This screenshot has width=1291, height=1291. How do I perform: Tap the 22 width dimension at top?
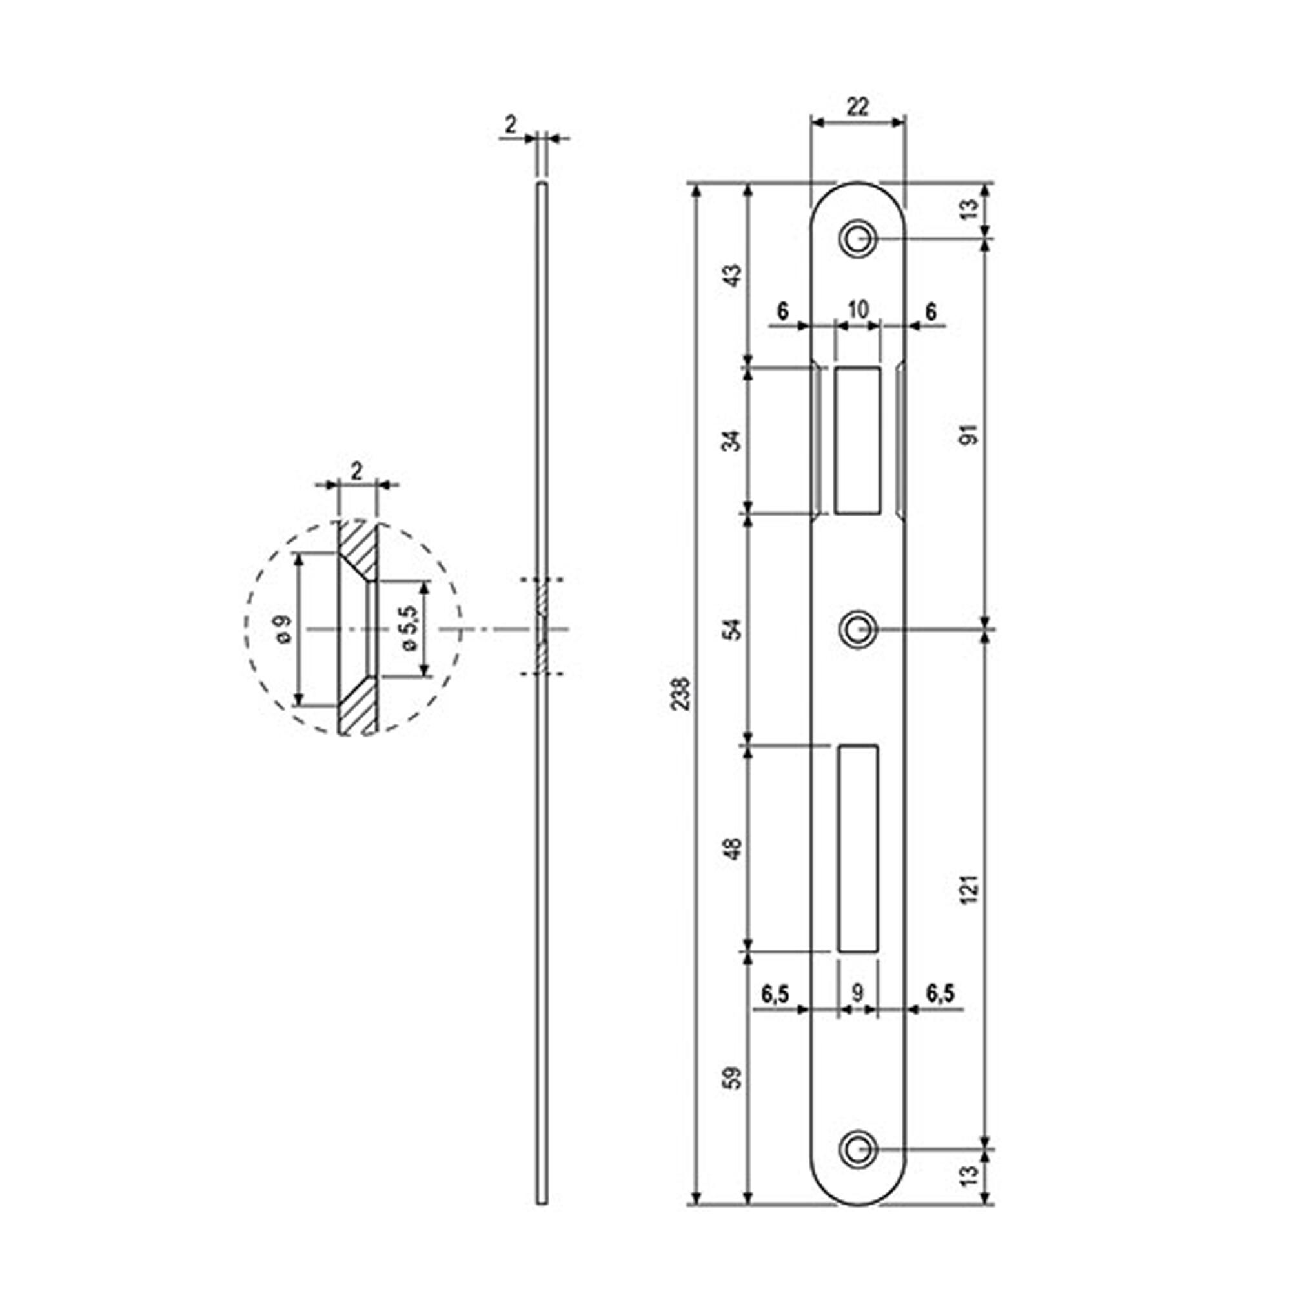pos(857,107)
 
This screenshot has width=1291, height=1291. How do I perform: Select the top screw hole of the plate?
pos(857,239)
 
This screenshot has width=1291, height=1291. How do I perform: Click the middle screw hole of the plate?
pos(857,629)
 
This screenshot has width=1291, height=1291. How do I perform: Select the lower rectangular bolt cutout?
pos(857,848)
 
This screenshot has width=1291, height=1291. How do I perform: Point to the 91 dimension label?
pos(970,434)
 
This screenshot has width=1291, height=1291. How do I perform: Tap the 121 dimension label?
pos(971,889)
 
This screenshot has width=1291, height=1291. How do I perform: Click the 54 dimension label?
pos(734,629)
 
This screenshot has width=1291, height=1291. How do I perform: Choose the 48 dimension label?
pos(734,849)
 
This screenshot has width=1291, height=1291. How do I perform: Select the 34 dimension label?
pos(734,441)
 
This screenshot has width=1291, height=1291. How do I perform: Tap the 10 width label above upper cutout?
pos(858,310)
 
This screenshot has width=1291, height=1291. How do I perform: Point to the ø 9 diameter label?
pos(283,629)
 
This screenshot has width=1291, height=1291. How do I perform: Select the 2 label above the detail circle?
pos(356,472)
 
